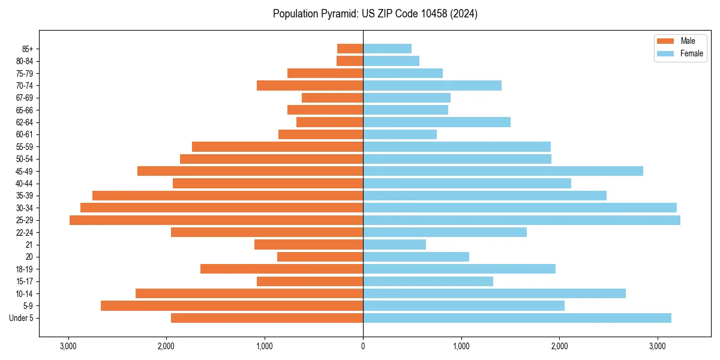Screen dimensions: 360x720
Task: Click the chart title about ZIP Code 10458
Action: click(x=375, y=14)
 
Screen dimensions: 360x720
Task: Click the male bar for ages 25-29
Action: click(x=216, y=220)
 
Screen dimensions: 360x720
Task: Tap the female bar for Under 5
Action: click(x=517, y=318)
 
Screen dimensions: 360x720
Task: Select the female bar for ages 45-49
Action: click(x=503, y=171)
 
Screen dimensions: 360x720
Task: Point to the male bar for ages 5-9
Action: click(x=232, y=306)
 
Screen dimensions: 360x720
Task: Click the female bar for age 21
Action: click(x=394, y=245)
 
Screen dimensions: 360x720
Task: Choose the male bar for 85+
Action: click(x=350, y=49)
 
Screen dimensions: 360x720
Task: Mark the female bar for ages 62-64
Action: click(x=437, y=122)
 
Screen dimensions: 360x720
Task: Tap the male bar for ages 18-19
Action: click(x=281, y=269)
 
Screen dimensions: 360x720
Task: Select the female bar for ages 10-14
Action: click(x=494, y=293)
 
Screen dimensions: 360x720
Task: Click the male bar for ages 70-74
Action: click(x=310, y=85)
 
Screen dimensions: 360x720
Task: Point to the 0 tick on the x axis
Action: click(x=363, y=346)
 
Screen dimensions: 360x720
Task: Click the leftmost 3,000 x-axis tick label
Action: click(x=68, y=346)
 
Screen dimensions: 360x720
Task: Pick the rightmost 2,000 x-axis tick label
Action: click(x=559, y=346)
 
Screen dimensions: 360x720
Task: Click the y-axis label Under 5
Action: click(x=21, y=318)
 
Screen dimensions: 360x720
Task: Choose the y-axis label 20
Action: click(x=29, y=257)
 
